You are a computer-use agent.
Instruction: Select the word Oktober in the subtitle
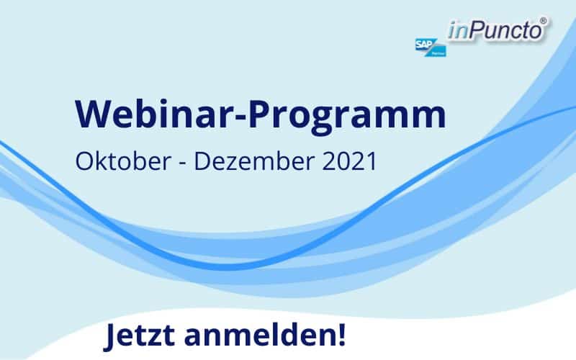point(123,161)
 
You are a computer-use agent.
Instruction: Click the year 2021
point(350,161)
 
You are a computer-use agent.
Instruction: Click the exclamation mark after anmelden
point(341,335)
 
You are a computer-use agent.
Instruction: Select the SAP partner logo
point(431,47)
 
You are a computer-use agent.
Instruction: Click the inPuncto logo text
point(495,30)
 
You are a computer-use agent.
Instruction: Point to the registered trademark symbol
point(544,22)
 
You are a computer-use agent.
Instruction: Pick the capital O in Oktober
point(84,161)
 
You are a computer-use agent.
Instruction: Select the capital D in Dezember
point(203,161)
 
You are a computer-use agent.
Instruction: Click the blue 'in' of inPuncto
point(458,31)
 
